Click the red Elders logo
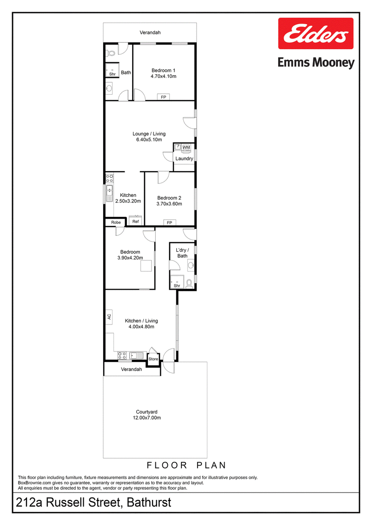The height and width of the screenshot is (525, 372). click(x=316, y=33)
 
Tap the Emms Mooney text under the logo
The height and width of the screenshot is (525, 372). click(x=316, y=63)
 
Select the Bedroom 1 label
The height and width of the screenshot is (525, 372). click(x=163, y=70)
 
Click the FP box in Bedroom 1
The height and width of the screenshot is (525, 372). click(x=163, y=97)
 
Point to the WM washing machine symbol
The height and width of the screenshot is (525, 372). click(x=186, y=147)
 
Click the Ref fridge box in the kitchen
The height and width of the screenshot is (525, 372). click(x=135, y=221)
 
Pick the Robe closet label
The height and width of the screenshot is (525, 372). click(x=116, y=222)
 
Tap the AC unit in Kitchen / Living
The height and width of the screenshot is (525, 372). click(x=109, y=317)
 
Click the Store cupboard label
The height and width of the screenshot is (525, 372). click(x=153, y=359)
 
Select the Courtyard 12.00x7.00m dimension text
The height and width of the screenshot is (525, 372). click(x=147, y=418)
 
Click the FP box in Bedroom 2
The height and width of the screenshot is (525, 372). click(x=169, y=223)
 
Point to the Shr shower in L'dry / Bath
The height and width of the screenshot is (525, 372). click(x=177, y=282)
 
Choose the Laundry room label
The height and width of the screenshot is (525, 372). click(x=184, y=159)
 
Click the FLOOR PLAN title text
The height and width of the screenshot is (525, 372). click(x=186, y=465)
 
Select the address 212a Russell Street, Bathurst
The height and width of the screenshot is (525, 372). click(x=93, y=502)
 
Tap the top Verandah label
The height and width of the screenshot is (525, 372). click(x=150, y=32)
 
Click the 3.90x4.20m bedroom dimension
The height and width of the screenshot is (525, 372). click(x=130, y=258)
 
